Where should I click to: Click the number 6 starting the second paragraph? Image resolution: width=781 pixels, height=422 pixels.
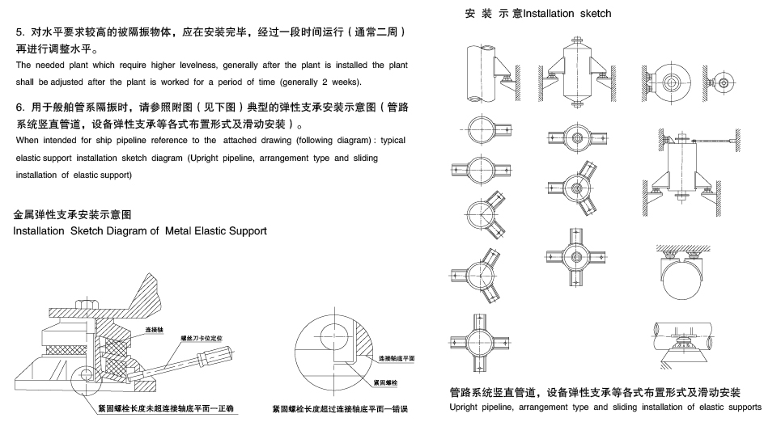(x=19, y=107)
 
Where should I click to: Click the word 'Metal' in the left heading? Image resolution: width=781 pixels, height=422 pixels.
(x=181, y=230)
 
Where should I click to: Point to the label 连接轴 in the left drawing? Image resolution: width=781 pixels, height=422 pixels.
(x=155, y=330)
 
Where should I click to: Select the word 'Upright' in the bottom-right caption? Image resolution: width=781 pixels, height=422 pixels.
(x=466, y=407)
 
